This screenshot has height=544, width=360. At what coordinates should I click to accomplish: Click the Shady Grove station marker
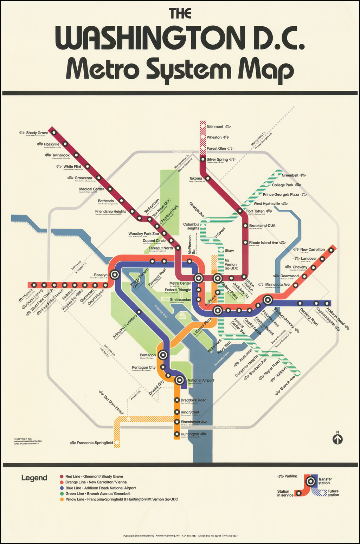click(54, 132)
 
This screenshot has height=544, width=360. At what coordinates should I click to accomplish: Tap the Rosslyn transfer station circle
click(114, 275)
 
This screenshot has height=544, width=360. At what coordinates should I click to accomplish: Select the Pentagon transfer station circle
click(162, 355)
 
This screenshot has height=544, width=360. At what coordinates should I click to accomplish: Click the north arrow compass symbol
click(337, 439)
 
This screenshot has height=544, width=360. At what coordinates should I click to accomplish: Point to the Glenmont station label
click(215, 127)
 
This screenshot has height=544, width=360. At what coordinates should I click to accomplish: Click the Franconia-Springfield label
click(95, 443)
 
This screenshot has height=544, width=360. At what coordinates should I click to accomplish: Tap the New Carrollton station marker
click(331, 250)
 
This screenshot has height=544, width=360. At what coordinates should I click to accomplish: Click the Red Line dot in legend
click(62, 477)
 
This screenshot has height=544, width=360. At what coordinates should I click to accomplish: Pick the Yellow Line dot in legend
click(62, 499)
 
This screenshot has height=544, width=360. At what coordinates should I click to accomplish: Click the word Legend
click(34, 478)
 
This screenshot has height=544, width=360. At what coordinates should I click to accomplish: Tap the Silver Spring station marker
click(203, 159)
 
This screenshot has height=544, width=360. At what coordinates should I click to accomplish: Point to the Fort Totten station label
click(255, 211)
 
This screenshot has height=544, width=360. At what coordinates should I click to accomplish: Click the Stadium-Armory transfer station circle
click(268, 300)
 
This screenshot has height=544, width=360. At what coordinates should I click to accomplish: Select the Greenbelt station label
click(290, 175)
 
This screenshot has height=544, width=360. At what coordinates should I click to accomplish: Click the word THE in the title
click(180, 14)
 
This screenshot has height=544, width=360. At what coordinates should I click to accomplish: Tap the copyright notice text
click(28, 441)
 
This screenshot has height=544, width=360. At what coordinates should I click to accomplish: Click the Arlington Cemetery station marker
click(139, 312)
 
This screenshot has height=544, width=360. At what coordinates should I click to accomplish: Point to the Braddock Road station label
click(193, 400)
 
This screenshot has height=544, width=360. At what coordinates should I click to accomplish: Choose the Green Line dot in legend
click(62, 494)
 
